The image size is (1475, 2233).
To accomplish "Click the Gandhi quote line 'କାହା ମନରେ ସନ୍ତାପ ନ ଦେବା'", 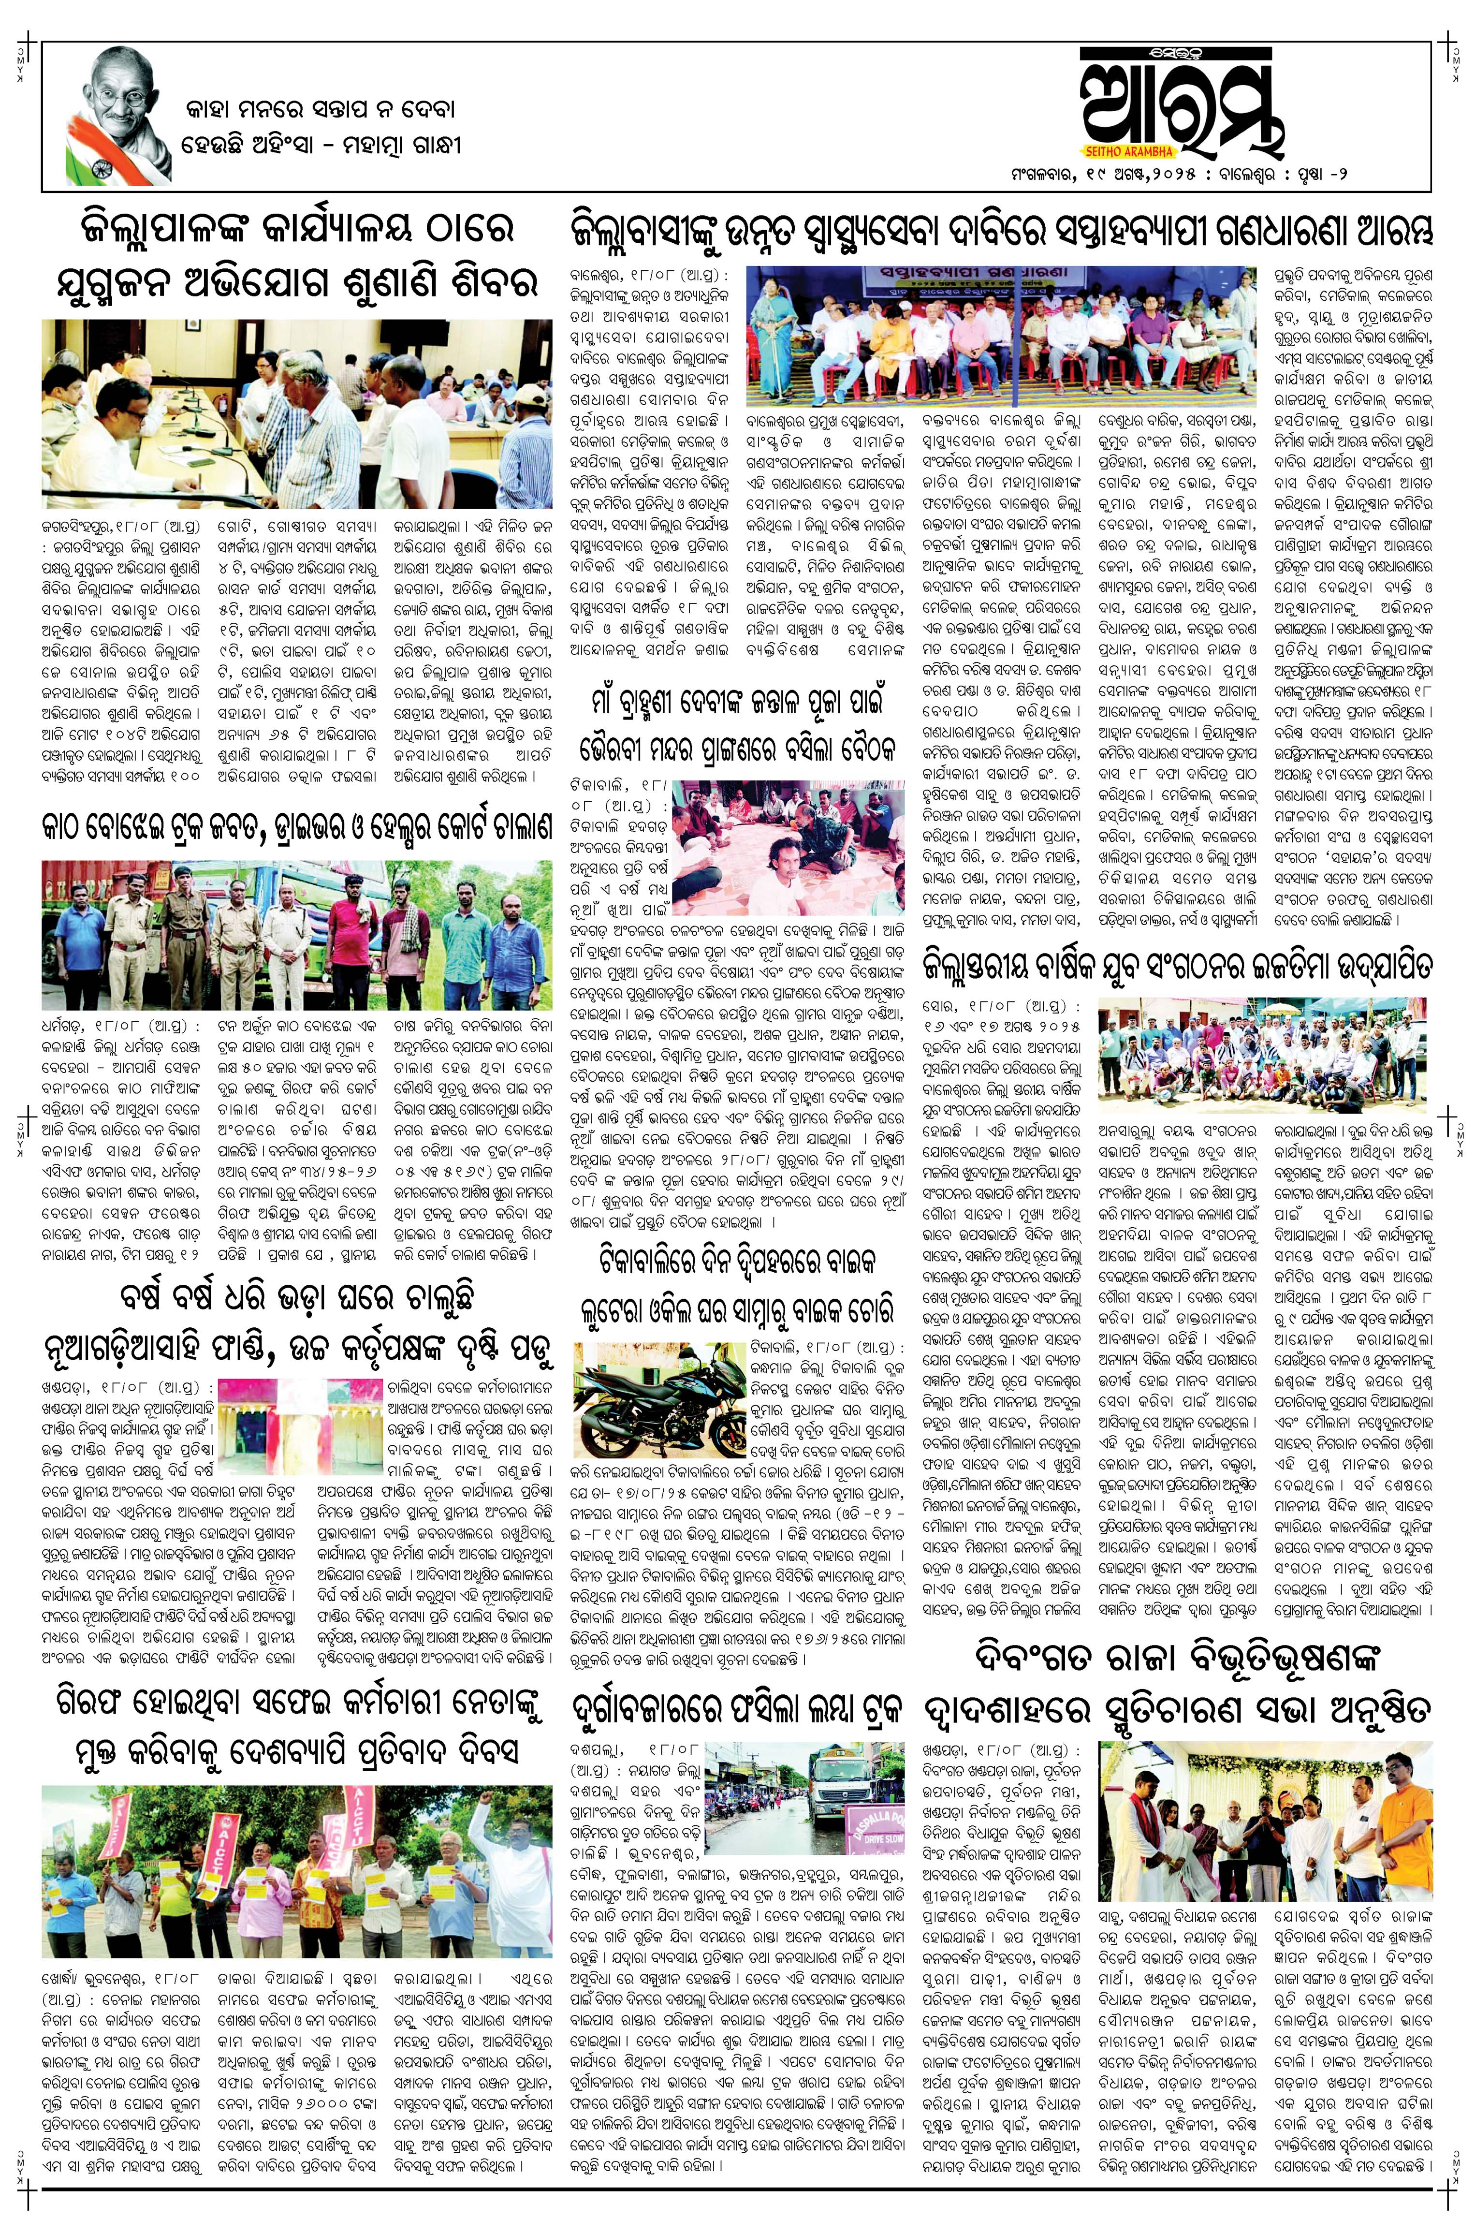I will tap(320, 110).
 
